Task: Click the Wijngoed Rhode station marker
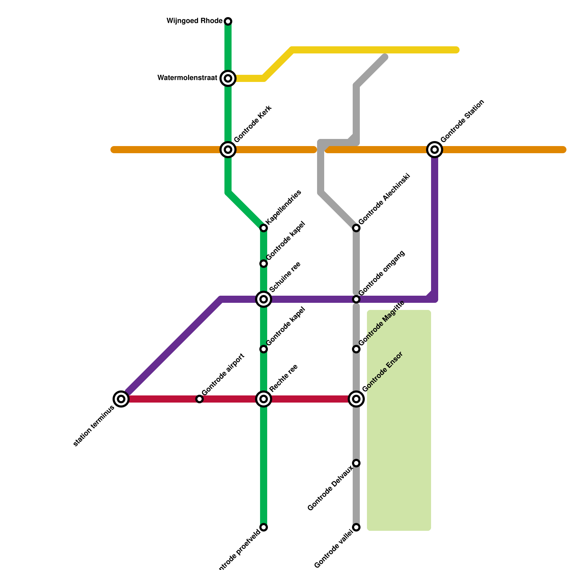(228, 21)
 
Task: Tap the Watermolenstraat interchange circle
(228, 78)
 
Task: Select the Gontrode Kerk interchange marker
(228, 150)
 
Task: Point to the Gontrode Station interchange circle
(435, 150)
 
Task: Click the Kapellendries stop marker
(264, 228)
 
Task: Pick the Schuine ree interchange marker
(264, 299)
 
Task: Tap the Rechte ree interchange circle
(264, 399)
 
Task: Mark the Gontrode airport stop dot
(199, 399)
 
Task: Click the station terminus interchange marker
(121, 399)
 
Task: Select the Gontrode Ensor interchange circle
(356, 399)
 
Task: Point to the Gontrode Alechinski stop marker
(356, 228)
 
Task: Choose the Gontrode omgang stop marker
(356, 299)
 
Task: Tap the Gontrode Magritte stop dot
(356, 349)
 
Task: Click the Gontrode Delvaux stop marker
(356, 463)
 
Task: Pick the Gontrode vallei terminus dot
(356, 527)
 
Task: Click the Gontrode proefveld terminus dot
(264, 527)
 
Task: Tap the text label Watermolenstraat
(187, 78)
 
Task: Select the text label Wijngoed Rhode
(195, 21)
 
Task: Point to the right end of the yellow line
(456, 50)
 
